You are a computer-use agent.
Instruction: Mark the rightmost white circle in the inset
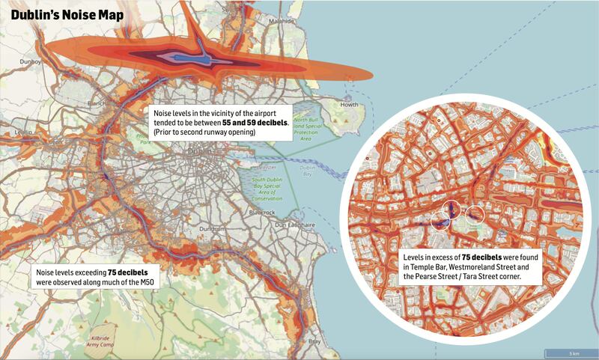point(475,217)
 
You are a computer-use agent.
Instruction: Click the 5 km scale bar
point(571,353)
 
